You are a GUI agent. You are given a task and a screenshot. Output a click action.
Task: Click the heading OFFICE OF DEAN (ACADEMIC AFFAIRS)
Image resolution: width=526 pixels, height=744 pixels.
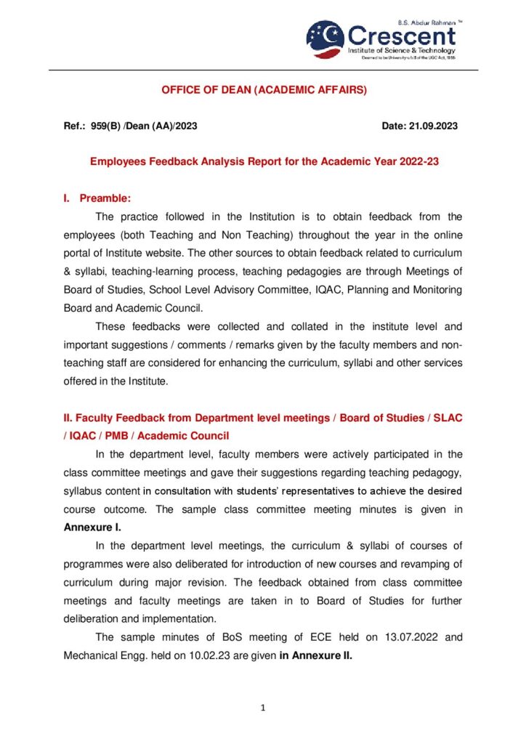click(264, 91)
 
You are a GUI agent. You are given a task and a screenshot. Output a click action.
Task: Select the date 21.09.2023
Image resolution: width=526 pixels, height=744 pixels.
click(431, 126)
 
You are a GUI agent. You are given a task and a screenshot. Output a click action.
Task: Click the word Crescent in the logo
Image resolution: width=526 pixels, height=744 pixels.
click(402, 35)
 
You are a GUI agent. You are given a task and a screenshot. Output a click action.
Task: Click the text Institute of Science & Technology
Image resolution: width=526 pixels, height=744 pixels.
click(401, 51)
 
